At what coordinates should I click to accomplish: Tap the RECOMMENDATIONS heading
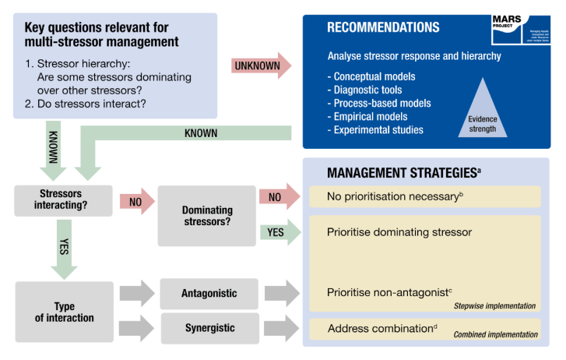coord(382,27)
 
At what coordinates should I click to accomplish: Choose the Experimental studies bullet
coord(379,129)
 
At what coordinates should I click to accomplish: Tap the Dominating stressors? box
coord(206,215)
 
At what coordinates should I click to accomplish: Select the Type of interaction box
coord(64,311)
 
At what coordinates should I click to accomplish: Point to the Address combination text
coord(380,328)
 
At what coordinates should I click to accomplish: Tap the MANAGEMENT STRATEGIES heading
coord(403,172)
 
